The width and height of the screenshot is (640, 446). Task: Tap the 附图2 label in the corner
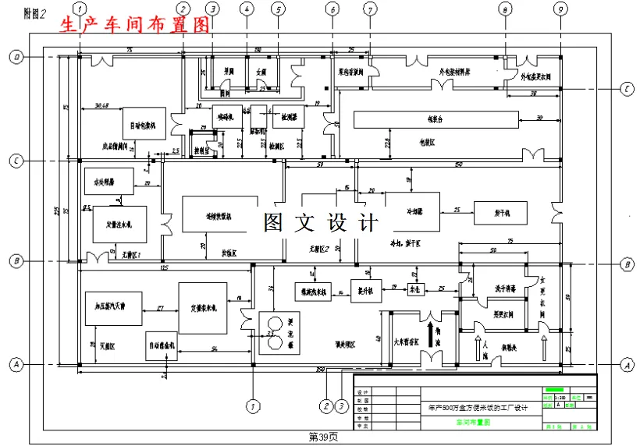click(x=35, y=12)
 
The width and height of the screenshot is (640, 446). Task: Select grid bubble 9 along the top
click(x=560, y=9)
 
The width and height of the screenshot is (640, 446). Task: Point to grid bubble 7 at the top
click(x=370, y=9)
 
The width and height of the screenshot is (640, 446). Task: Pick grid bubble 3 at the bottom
click(x=341, y=405)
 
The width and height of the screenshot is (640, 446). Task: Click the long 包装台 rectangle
click(x=436, y=119)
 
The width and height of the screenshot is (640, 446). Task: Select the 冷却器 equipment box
click(x=413, y=211)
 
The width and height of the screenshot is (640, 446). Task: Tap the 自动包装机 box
click(x=144, y=123)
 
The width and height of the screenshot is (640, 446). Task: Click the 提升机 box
click(x=365, y=290)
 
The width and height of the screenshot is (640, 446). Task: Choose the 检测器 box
click(x=289, y=116)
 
